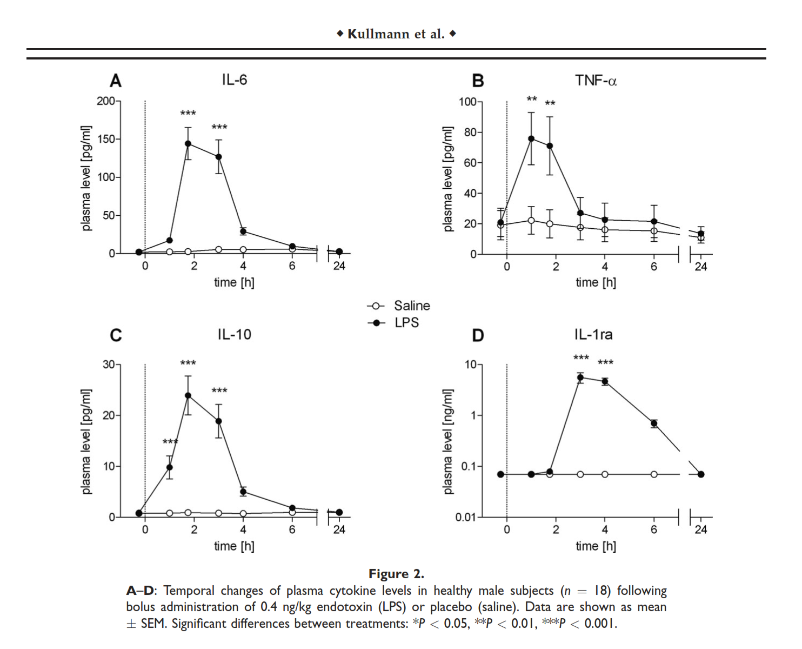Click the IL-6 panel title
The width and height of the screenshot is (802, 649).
tap(234, 80)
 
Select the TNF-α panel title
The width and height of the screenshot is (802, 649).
tap(596, 81)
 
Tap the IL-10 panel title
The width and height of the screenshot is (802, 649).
tap(234, 335)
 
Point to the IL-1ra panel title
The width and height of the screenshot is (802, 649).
tap(593, 335)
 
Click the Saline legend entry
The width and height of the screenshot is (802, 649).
tap(411, 306)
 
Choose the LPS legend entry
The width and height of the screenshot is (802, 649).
tap(406, 323)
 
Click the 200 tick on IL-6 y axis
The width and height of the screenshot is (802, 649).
tap(106, 101)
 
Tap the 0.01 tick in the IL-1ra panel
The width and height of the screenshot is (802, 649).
tap(466, 517)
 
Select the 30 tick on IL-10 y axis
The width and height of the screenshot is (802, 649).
tap(108, 365)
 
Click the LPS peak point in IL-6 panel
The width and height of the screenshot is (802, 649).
tap(188, 144)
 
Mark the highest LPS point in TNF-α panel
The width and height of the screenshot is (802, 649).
tap(531, 138)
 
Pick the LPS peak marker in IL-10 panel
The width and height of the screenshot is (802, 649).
tap(188, 395)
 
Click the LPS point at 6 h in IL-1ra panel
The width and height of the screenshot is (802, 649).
tap(654, 423)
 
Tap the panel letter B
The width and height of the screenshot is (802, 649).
tap(478, 81)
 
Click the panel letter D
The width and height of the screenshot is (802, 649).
tap(478, 336)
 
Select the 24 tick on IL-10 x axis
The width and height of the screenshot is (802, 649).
tap(339, 529)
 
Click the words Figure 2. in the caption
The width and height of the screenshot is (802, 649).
tap(396, 574)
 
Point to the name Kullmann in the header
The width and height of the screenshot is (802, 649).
tap(378, 34)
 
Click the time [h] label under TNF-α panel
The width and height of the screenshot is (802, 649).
tap(596, 282)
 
